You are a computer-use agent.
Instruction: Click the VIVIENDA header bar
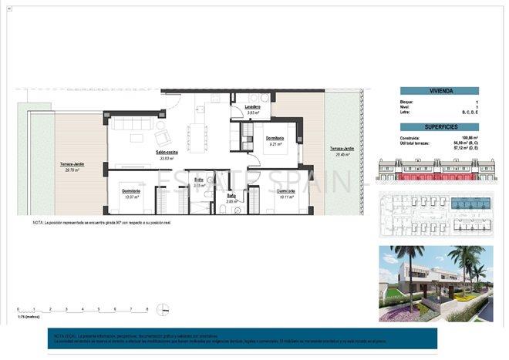(436, 91)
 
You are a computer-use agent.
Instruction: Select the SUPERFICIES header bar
(436, 126)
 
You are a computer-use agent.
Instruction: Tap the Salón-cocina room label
(167, 153)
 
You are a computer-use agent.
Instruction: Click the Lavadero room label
(252, 106)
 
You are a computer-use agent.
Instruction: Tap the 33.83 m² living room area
(167, 159)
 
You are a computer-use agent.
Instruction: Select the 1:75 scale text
(27, 316)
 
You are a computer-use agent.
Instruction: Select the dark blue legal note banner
(241, 338)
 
